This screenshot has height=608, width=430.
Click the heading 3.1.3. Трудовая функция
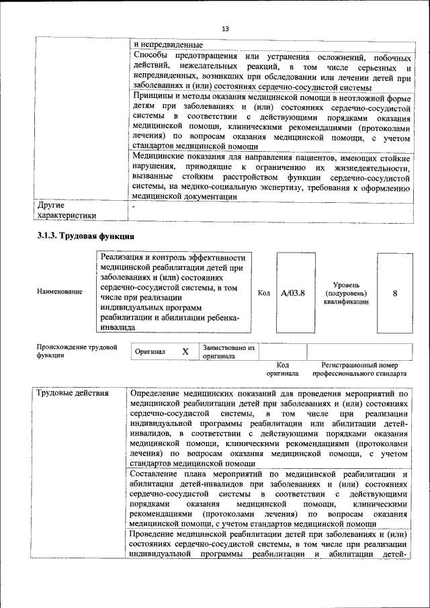point(85,236)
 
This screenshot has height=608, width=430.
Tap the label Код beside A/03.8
point(264,292)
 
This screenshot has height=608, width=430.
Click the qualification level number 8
point(394,293)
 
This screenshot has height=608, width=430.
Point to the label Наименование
point(60,292)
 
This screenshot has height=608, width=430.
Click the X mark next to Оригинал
point(185,351)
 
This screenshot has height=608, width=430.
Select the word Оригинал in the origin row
point(150,351)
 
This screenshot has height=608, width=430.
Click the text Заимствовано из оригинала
point(228,352)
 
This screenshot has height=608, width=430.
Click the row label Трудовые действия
point(72,393)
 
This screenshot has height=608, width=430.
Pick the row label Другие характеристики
point(67,210)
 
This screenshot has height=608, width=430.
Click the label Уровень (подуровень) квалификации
point(346,293)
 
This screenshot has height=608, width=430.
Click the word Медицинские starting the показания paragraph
point(160,157)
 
